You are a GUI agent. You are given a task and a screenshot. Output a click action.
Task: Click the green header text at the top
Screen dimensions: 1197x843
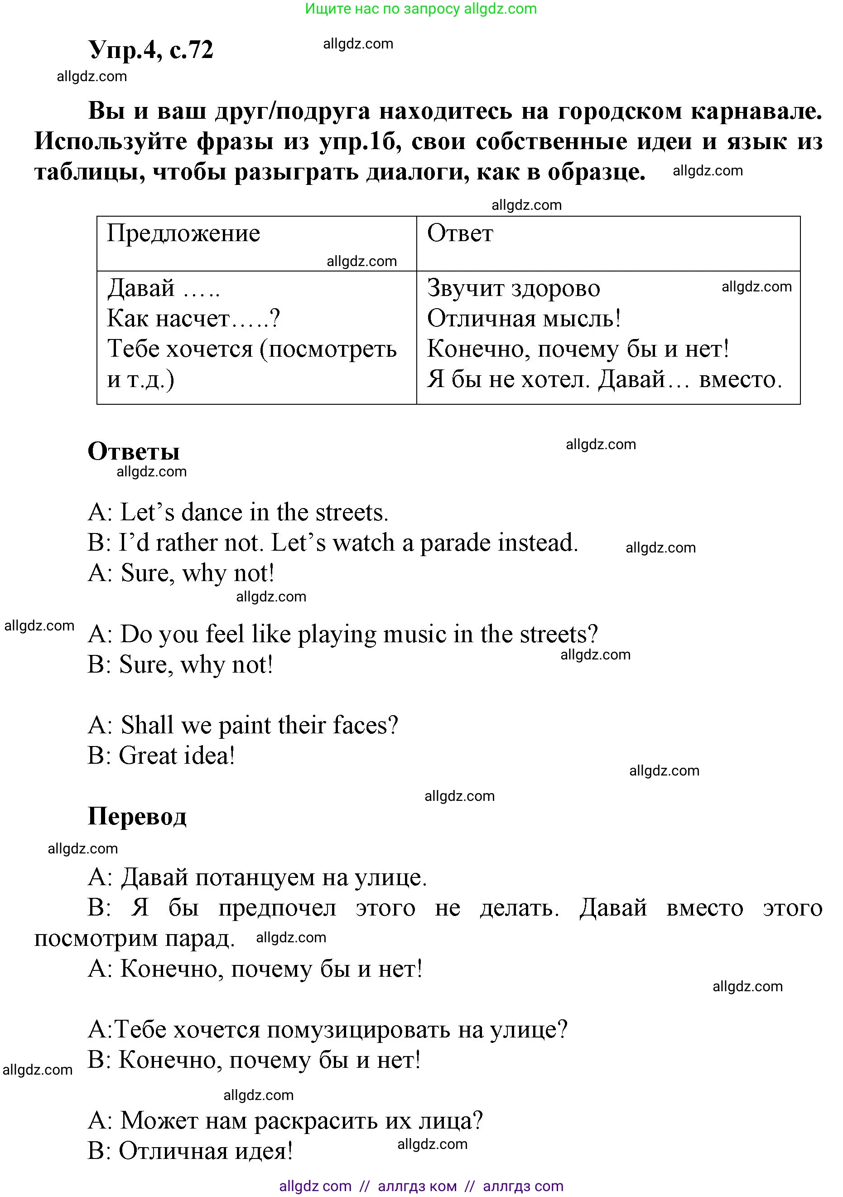420,9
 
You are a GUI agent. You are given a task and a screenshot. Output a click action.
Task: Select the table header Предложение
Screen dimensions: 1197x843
183,233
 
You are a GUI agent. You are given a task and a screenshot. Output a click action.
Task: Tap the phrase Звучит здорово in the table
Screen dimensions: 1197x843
513,288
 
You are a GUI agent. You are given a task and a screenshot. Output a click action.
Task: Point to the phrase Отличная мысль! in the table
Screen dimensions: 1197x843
524,319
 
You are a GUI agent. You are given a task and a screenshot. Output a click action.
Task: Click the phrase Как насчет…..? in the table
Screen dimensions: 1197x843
193,319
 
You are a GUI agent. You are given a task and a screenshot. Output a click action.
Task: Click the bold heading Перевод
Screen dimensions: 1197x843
136,816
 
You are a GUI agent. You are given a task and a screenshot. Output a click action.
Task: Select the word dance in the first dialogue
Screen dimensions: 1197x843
213,513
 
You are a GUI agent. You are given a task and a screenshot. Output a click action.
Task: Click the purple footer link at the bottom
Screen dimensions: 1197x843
421,1186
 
